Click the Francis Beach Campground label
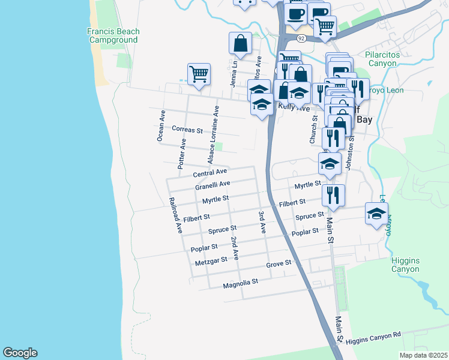point(113,35)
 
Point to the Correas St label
point(187,129)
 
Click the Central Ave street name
point(209,173)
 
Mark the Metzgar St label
point(211,260)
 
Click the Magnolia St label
point(240,281)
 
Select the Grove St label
point(279,263)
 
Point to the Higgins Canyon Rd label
point(373,338)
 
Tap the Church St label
point(313,130)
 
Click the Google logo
point(20,353)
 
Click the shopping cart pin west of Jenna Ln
point(199,74)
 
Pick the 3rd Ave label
point(262,222)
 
